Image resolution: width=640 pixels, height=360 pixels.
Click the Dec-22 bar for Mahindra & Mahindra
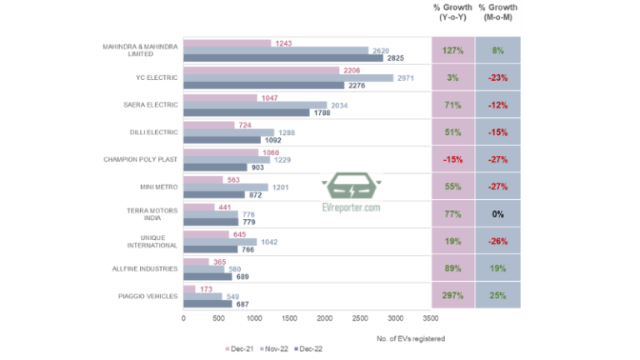(283, 58)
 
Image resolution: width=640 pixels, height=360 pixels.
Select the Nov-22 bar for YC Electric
(287, 77)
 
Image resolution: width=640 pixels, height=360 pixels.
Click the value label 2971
(407, 77)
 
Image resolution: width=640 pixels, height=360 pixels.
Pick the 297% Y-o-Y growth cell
(453, 296)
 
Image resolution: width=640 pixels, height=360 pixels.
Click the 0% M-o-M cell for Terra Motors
(497, 214)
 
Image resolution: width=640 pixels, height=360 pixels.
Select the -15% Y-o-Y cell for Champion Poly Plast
(453, 159)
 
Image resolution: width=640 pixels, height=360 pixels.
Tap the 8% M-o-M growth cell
(497, 50)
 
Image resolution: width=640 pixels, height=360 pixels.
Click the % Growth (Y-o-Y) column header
(453, 12)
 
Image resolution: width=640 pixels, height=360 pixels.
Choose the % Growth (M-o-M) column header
(497, 12)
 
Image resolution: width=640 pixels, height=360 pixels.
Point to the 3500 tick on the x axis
(430, 318)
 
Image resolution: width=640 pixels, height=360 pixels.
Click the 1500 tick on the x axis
(288, 318)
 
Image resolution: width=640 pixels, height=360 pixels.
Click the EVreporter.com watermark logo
(351, 197)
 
